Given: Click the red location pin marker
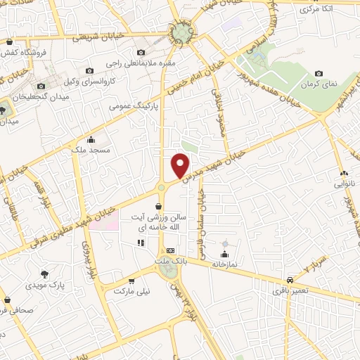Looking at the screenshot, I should click(x=181, y=165).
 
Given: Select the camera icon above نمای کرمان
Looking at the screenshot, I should click(x=319, y=73).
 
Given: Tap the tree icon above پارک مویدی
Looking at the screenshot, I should click(x=45, y=274).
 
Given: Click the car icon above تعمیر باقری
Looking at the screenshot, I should click(x=290, y=277).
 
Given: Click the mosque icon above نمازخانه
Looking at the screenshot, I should click(x=224, y=254).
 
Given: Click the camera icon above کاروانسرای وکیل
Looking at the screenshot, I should click(x=89, y=70).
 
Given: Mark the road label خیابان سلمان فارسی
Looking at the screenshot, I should click(x=202, y=218).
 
